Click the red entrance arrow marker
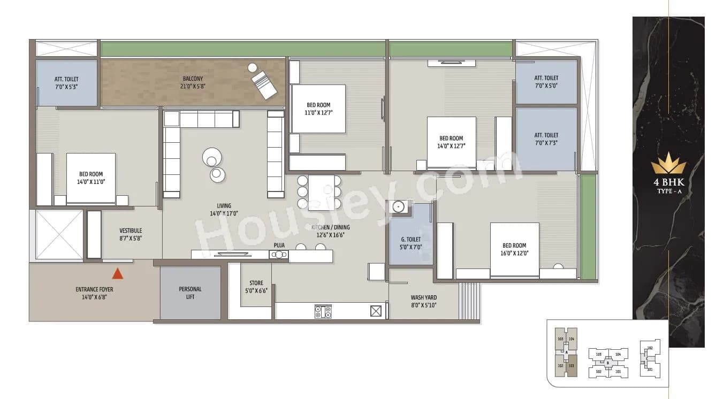[118, 274]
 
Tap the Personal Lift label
[190, 293]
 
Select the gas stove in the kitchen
[323, 311]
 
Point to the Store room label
[256, 287]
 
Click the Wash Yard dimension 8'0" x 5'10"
[424, 306]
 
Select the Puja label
[279, 245]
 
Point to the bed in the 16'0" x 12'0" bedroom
[514, 249]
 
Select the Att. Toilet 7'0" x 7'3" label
[546, 139]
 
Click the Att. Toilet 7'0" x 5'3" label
[66, 82]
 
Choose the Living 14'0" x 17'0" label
[224, 209]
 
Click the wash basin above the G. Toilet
[397, 206]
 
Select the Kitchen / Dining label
[331, 231]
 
